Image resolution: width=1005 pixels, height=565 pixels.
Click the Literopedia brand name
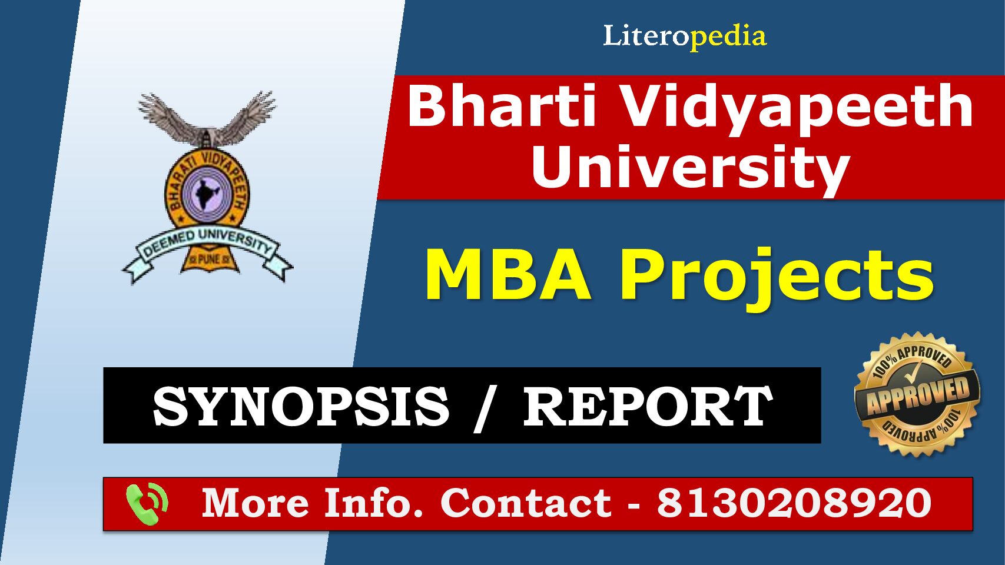click(x=685, y=36)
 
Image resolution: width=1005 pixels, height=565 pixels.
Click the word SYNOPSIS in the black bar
click(x=301, y=407)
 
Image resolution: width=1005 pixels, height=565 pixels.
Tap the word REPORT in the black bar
click(x=648, y=407)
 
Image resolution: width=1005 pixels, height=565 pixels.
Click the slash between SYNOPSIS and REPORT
click(x=486, y=408)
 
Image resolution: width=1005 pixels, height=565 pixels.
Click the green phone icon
click(x=147, y=504)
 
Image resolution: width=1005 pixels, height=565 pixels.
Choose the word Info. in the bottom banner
click(x=374, y=503)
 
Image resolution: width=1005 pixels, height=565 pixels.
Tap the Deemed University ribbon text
click(x=207, y=244)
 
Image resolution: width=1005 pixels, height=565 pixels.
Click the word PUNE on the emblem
click(x=208, y=259)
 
